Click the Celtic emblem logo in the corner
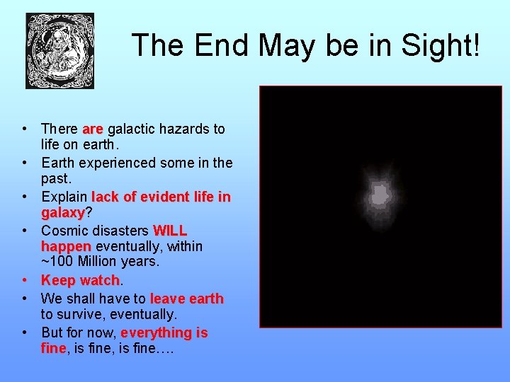point(59,51)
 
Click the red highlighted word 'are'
point(93,129)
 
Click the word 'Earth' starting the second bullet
point(61,163)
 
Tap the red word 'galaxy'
point(62,213)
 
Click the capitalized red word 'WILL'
point(170,231)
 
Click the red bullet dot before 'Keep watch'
point(24,281)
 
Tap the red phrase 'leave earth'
point(186,299)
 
